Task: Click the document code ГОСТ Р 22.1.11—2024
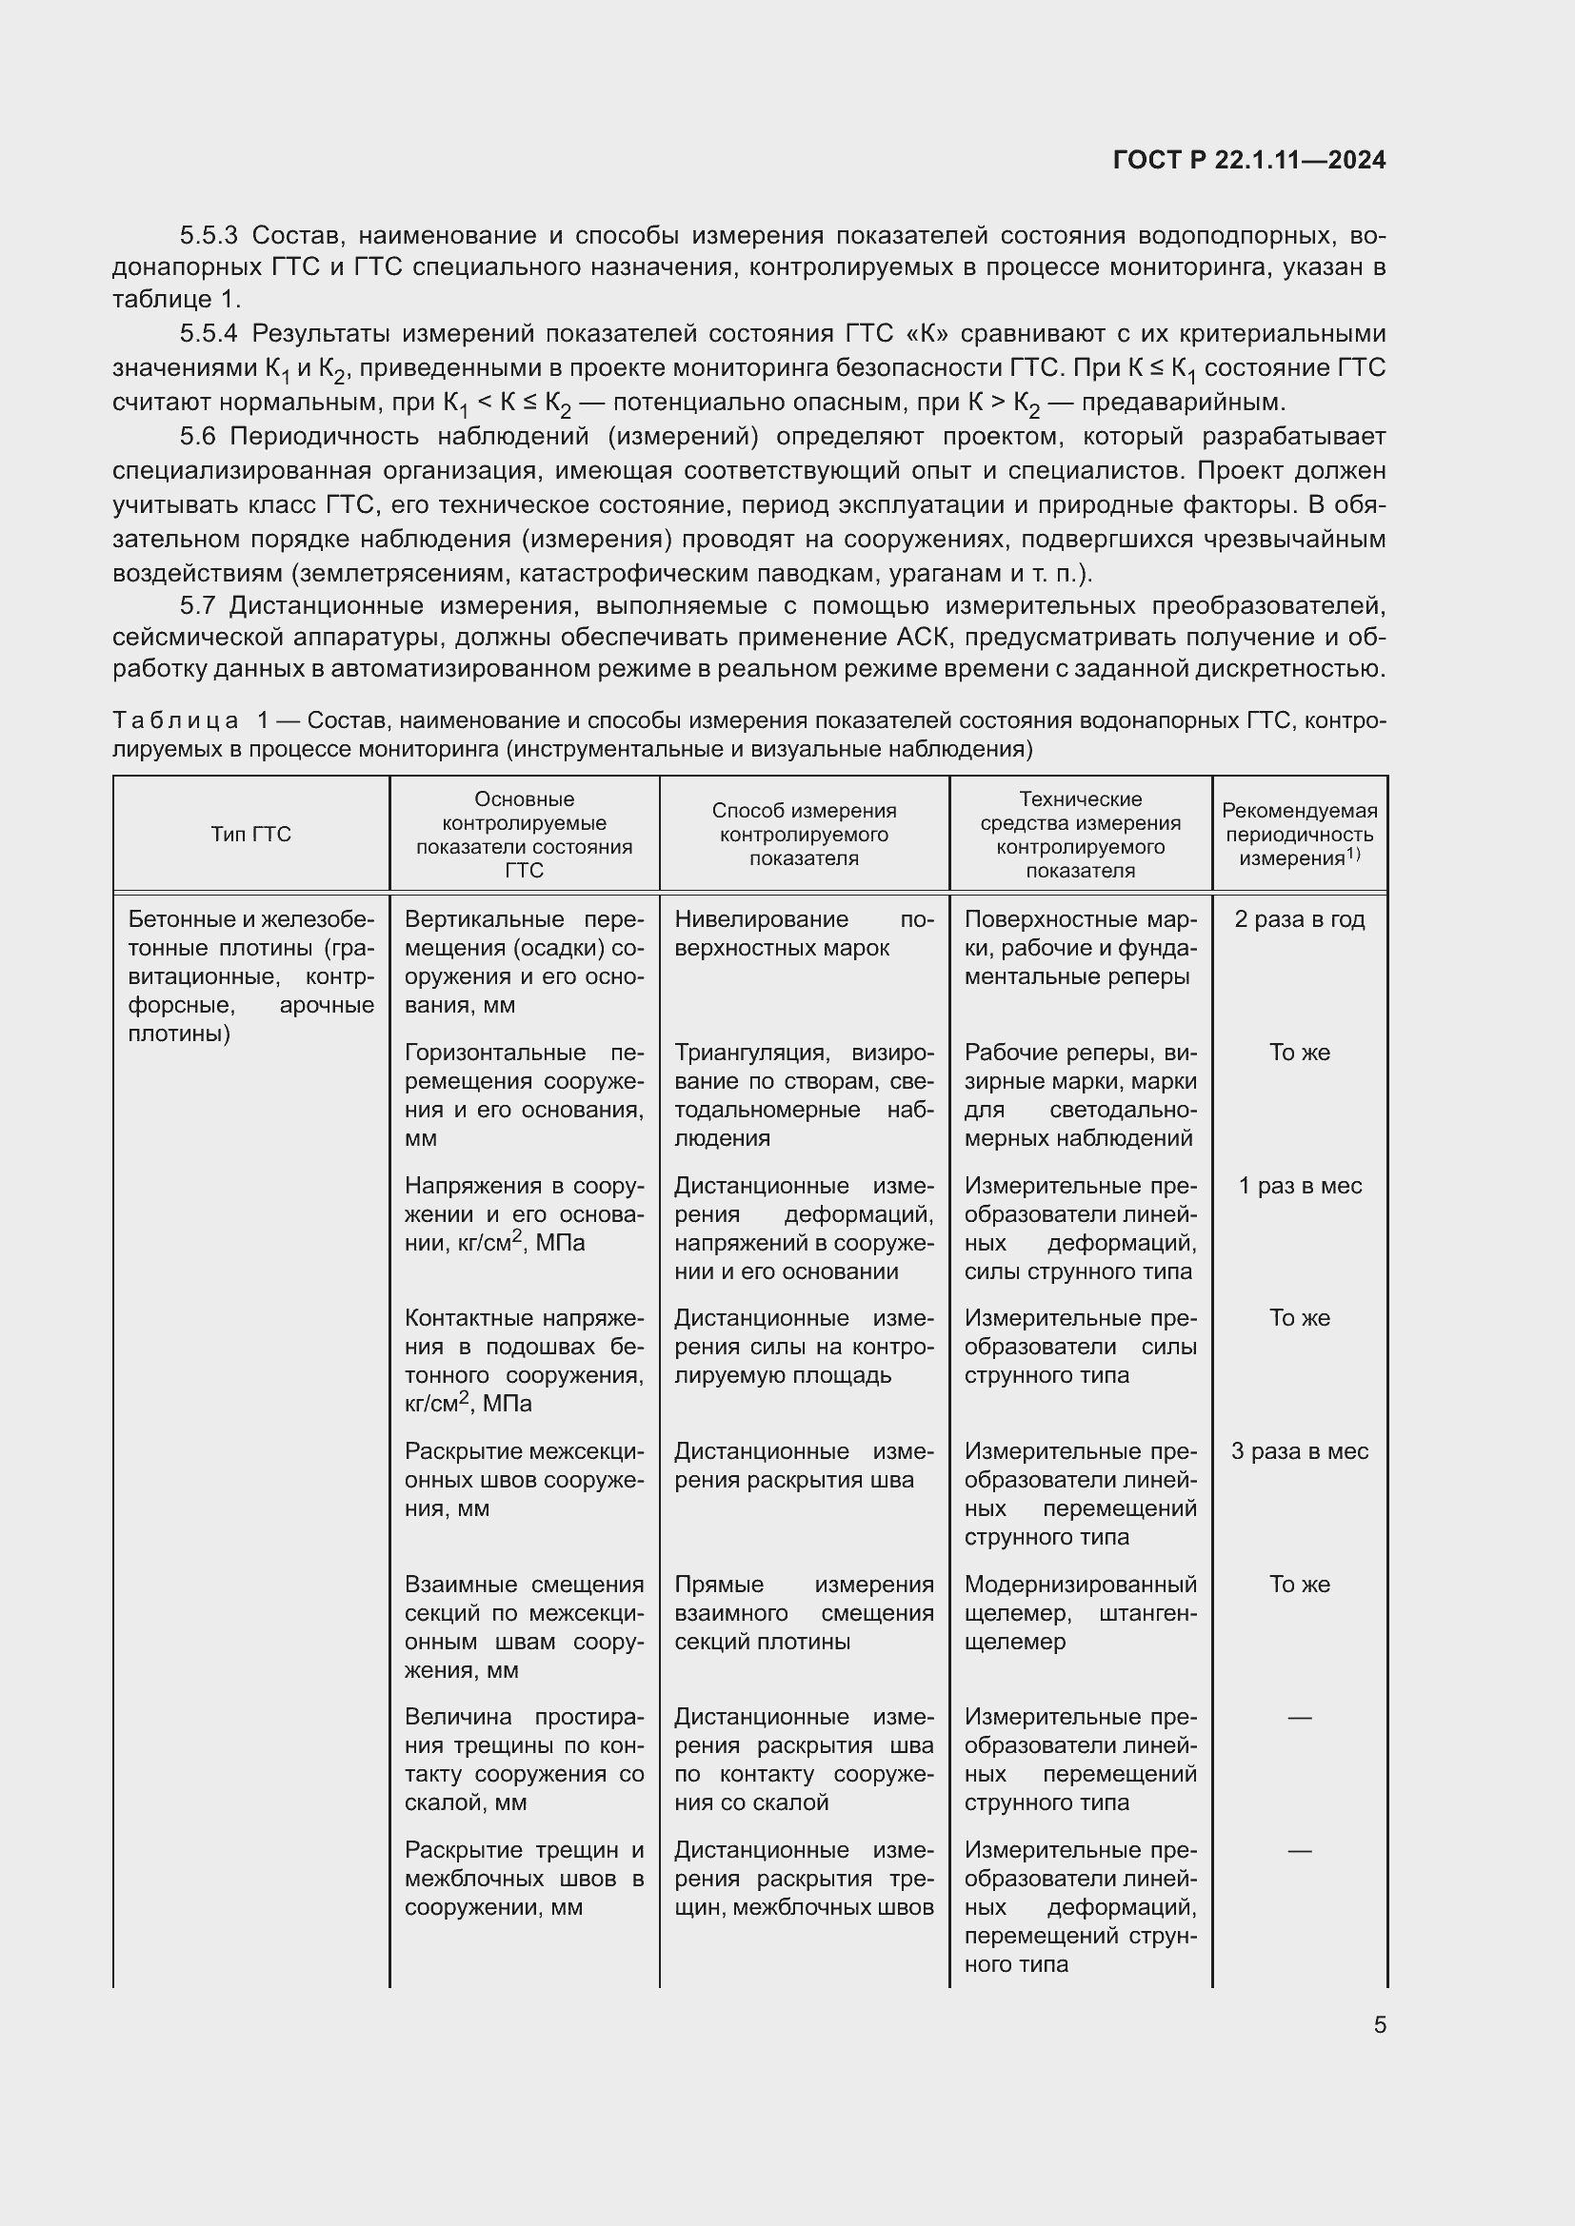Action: [1249, 160]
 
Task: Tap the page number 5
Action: [1379, 2024]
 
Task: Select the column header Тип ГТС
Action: [251, 834]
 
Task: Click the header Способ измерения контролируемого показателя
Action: [804, 834]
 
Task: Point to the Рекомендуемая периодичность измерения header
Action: [1299, 834]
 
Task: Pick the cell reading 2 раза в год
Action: [1299, 919]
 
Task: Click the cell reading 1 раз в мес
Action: [1299, 1186]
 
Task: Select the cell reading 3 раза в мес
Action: [1299, 1451]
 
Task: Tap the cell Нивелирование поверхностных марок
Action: [804, 933]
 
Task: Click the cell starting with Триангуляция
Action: [804, 1094]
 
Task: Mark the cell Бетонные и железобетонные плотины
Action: [251, 975]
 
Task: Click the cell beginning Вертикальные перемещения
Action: [524, 961]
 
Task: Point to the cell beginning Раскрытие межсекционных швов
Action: [524, 1480]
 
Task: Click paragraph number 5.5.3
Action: [209, 236]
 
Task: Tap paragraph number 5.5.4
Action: [209, 334]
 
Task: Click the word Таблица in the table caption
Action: [174, 720]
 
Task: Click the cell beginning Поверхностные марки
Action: [1081, 947]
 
